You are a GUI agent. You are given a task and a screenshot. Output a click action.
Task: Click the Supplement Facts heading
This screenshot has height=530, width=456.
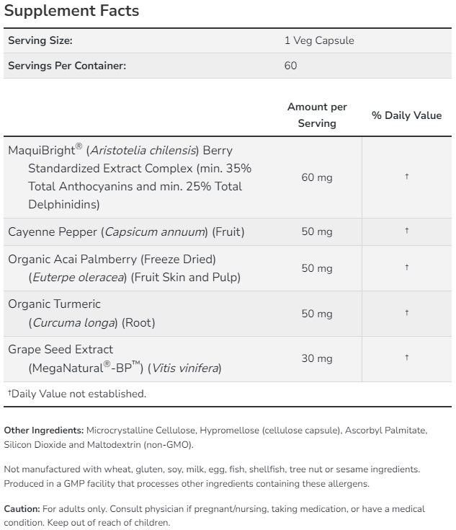71,12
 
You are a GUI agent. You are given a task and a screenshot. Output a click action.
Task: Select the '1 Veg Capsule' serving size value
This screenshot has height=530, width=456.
319,40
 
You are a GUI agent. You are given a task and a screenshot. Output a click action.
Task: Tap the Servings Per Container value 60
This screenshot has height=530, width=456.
290,66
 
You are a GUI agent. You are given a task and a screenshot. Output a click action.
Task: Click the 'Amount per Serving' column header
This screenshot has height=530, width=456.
317,115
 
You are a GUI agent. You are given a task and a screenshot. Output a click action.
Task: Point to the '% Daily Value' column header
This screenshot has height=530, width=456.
406,115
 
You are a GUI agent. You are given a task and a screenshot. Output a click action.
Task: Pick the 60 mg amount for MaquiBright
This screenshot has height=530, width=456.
317,177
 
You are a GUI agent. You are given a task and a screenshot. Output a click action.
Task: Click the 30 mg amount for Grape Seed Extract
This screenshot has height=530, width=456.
317,358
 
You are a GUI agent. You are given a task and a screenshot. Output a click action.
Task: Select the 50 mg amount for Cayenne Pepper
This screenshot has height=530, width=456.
317,231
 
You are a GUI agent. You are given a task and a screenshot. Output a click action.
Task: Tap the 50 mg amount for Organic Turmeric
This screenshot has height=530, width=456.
317,314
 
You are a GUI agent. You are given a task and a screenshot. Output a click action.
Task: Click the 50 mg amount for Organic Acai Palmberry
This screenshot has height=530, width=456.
317,268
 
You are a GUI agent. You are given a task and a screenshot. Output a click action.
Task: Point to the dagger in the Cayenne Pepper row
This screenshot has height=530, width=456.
407,231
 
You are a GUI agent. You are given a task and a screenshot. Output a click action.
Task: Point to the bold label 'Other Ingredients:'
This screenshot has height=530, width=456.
44,430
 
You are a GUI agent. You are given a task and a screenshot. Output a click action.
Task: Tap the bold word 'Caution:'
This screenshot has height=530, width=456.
22,509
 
